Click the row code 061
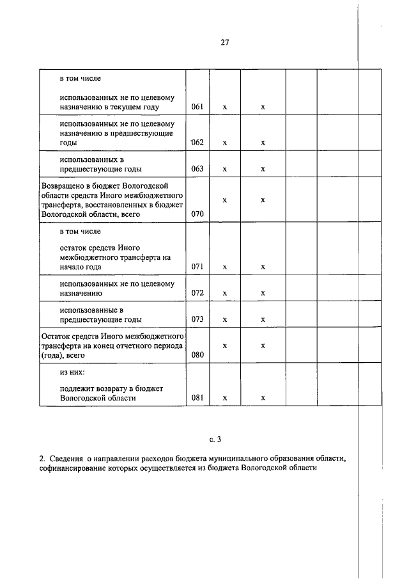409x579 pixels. coord(197,107)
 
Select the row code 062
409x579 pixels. coord(197,142)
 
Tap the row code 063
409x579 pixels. coord(197,169)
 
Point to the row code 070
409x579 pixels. coord(197,214)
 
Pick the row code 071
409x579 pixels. coord(197,266)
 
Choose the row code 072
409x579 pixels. coord(197,293)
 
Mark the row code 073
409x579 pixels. coord(197,319)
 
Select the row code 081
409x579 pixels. coord(197,398)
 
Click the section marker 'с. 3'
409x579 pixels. coord(215,439)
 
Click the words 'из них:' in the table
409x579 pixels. coord(72,371)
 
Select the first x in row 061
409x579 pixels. coord(224,107)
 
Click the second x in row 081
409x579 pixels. coord(263,399)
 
